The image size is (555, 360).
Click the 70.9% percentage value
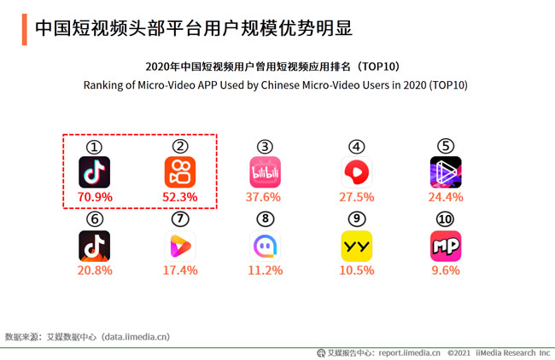pos(95,197)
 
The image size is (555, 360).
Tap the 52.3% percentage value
pos(181,197)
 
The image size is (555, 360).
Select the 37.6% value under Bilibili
pos(266,197)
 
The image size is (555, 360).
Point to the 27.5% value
pos(357,197)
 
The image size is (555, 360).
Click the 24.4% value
pos(446,197)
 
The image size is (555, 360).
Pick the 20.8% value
pos(95,270)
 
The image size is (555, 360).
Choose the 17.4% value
pos(181,270)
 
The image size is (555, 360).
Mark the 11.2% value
pos(266,270)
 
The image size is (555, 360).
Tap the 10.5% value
pos(357,270)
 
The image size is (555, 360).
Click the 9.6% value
pos(446,270)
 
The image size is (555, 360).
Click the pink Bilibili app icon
pos(266,172)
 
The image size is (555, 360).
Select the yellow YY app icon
pos(357,246)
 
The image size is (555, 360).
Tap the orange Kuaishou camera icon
pos(180,172)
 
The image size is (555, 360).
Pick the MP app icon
pos(446,246)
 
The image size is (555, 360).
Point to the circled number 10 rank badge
pos(446,219)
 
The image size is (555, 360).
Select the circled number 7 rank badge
pos(180,219)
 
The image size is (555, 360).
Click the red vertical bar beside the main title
pos(22,28)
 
